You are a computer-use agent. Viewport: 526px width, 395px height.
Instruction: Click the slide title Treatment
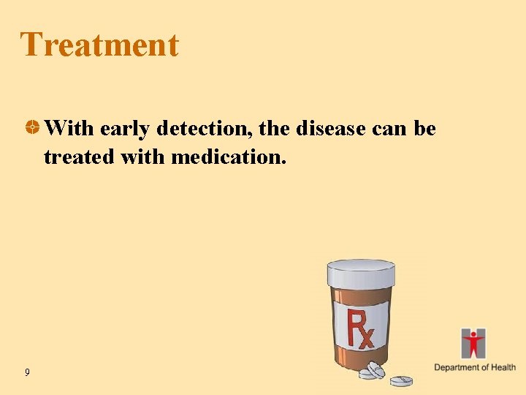(x=99, y=45)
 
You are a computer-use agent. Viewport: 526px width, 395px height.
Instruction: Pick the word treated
(x=75, y=157)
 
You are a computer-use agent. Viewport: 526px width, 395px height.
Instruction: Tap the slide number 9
(x=27, y=373)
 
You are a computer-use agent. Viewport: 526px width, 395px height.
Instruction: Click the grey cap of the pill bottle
(x=360, y=274)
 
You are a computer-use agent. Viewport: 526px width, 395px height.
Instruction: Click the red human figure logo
(x=473, y=342)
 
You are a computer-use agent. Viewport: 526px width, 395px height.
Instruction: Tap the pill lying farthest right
(x=401, y=380)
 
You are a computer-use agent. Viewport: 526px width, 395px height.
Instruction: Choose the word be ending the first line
(x=424, y=129)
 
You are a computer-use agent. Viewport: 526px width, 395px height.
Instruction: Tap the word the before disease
(x=275, y=129)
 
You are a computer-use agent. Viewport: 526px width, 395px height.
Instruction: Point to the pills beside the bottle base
(x=373, y=371)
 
